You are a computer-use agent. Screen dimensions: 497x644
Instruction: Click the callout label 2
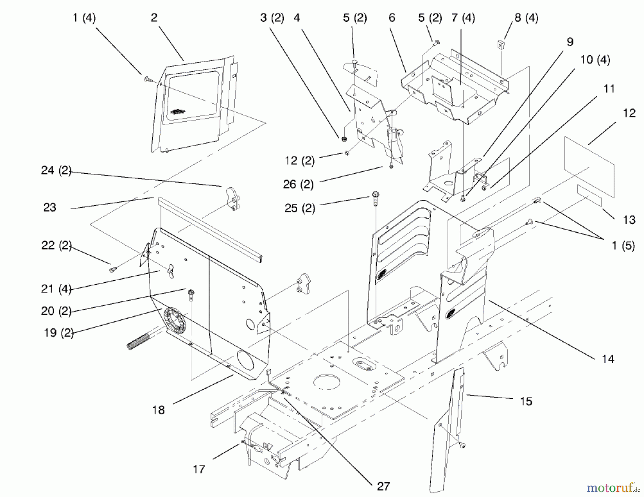(x=154, y=18)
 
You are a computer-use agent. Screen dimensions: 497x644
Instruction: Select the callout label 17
(x=199, y=469)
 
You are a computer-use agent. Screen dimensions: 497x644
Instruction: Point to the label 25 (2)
(x=300, y=208)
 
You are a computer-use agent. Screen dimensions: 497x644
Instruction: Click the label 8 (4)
(x=526, y=18)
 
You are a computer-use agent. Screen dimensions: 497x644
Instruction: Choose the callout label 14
(x=608, y=359)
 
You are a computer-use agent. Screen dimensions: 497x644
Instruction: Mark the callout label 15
(x=526, y=401)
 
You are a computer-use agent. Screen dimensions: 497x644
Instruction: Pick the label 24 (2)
(x=56, y=170)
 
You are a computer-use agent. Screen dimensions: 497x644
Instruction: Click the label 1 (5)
(x=623, y=246)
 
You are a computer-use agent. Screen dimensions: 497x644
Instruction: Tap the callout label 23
(x=50, y=207)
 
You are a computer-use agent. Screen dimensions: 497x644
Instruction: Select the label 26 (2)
(x=298, y=184)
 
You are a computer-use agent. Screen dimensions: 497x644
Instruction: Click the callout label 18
(x=158, y=410)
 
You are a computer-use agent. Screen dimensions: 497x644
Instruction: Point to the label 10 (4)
(x=595, y=59)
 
